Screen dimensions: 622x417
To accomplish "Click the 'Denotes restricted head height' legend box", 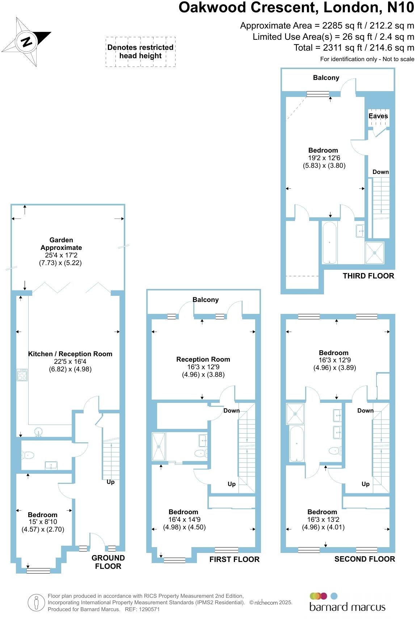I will (x=140, y=52).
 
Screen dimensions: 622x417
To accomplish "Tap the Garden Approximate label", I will (x=61, y=244).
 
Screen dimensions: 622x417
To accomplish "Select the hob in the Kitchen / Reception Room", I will (x=22, y=375).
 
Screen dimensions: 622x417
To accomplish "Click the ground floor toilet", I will (x=28, y=455).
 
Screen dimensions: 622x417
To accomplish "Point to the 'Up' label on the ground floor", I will (x=110, y=482).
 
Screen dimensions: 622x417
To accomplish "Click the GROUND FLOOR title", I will (x=108, y=562).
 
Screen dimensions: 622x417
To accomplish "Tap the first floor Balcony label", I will (x=205, y=300).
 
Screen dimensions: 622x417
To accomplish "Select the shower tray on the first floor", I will (x=159, y=447).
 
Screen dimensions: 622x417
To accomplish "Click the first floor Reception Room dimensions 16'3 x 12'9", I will (x=203, y=367).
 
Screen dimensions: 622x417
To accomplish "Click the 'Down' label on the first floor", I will (x=231, y=410).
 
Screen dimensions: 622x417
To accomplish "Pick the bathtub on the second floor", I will (x=296, y=443).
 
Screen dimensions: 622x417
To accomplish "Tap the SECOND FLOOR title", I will (x=365, y=559).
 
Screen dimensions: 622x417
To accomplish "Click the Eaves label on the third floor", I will (x=378, y=116).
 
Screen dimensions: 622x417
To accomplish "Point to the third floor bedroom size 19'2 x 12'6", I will (x=324, y=158).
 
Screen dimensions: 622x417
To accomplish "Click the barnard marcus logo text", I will (x=347, y=607).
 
